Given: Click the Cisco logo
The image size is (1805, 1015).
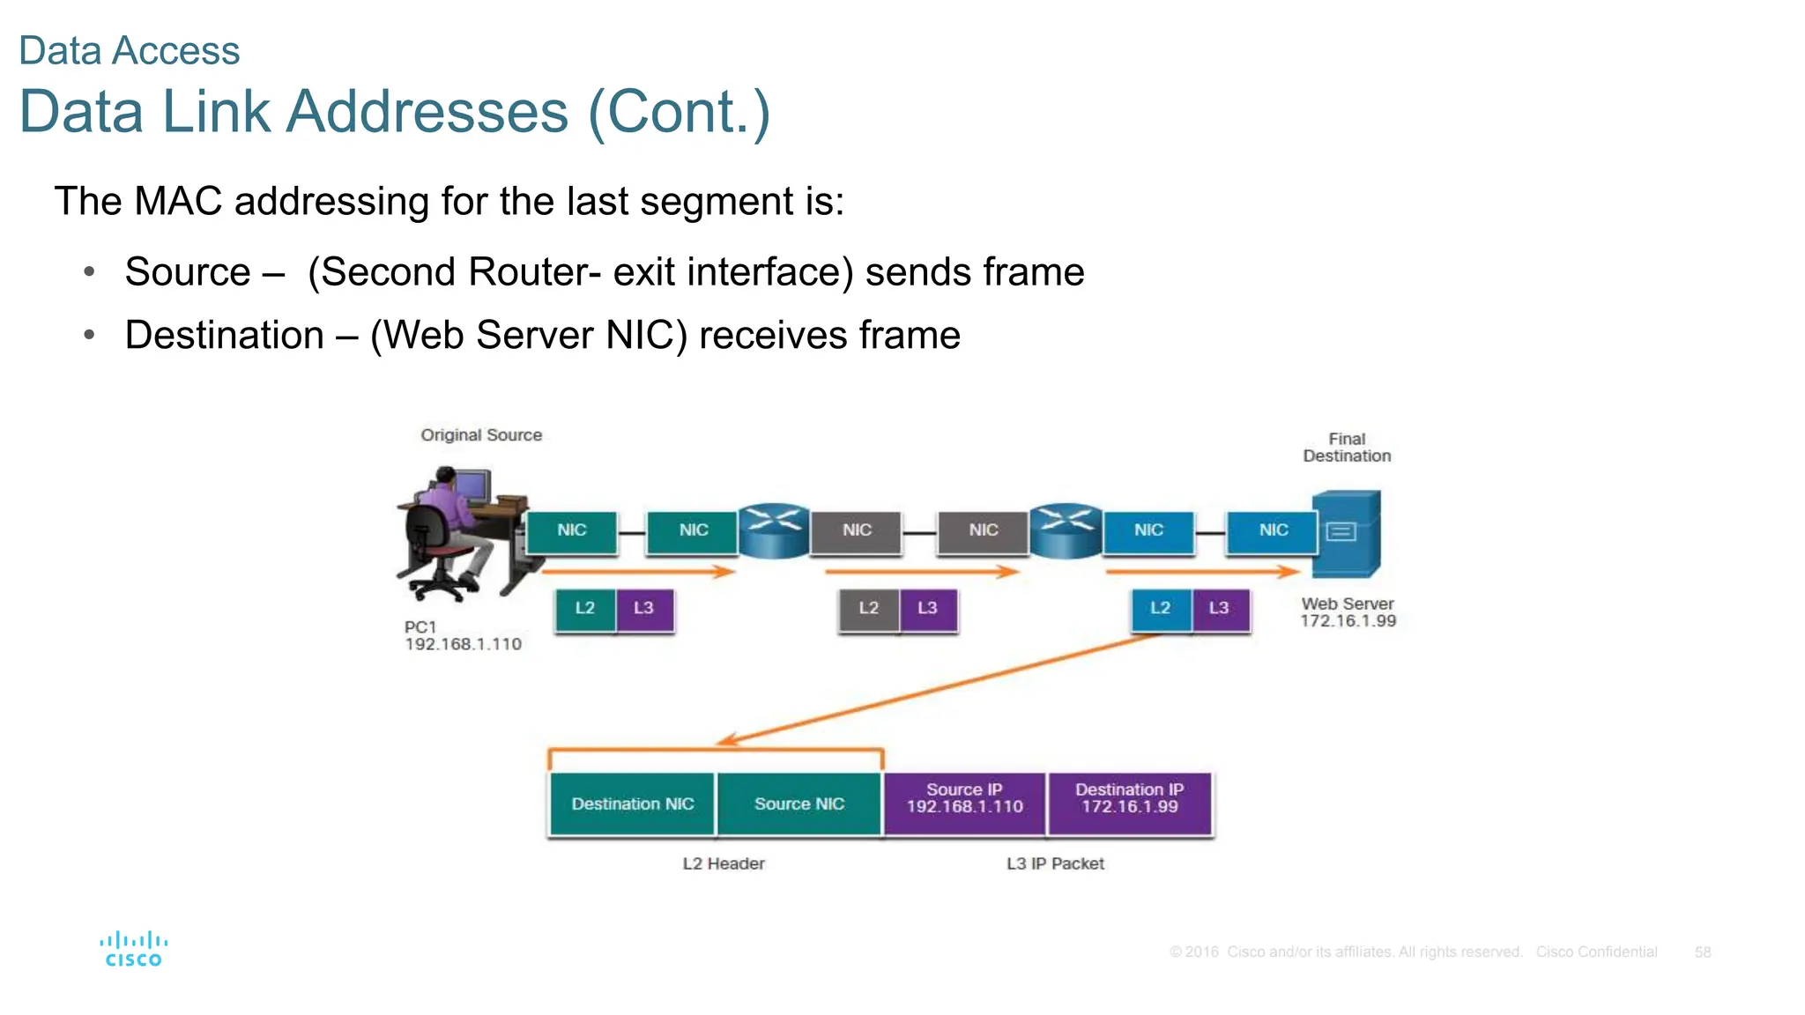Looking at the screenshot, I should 134,949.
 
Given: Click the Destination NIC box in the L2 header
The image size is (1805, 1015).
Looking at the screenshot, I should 632,804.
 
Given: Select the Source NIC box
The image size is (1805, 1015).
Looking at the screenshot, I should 799,804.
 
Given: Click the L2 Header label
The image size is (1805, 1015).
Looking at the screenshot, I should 723,863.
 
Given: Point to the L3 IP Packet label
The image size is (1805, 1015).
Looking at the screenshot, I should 1055,863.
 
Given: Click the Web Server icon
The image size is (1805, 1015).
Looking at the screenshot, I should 1346,533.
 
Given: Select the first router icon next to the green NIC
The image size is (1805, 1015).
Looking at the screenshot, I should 773,530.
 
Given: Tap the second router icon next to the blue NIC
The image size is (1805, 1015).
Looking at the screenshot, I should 1066,530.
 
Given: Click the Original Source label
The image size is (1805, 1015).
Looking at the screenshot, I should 481,435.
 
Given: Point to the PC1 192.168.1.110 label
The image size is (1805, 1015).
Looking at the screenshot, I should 462,635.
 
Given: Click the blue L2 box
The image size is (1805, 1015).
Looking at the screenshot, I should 1161,609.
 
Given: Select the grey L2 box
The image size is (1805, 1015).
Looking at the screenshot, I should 868,609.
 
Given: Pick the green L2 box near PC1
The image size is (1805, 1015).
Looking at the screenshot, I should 584,609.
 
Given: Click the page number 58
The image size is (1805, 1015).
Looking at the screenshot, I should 1702,952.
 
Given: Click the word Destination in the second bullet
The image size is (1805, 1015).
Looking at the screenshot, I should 225,336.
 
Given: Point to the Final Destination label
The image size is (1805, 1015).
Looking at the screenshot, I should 1346,448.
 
